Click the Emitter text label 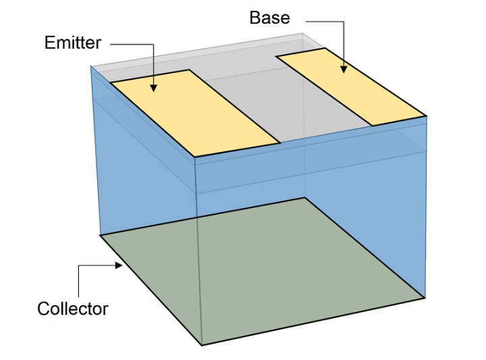point(72,43)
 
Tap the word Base point(269,18)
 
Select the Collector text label point(72,309)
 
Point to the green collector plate point(263,270)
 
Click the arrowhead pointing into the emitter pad point(154,88)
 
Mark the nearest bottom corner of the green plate point(202,345)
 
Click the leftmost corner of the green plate point(100,235)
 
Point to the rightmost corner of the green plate point(425,297)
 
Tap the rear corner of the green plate point(306,197)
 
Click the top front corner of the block point(194,157)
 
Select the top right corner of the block point(427,115)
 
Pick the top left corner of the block point(91,66)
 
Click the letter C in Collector point(43,309)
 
